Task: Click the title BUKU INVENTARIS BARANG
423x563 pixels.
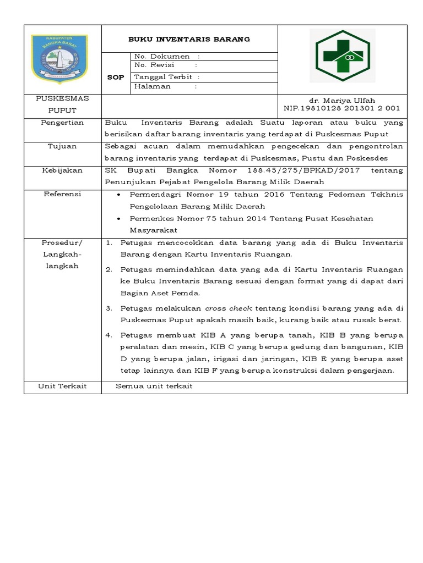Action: click(x=189, y=39)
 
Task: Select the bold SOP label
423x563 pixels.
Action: click(x=116, y=78)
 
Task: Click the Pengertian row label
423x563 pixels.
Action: click(x=63, y=123)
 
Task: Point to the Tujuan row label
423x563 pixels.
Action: click(x=63, y=146)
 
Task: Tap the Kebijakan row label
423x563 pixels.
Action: click(x=63, y=170)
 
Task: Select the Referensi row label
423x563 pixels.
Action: click(x=63, y=195)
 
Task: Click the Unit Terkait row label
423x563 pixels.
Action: click(x=63, y=387)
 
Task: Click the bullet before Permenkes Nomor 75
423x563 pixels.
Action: click(x=120, y=219)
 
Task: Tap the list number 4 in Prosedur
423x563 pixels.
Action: click(x=109, y=335)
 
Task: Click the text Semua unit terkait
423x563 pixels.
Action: click(x=154, y=387)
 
